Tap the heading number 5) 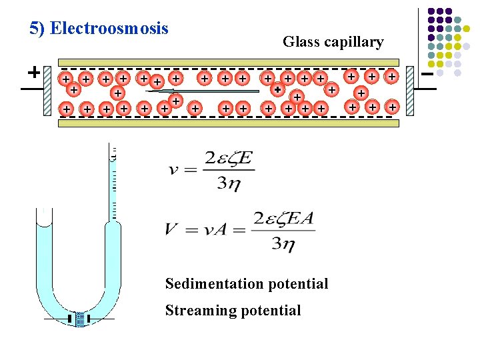tap(38, 29)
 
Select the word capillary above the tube tap(354, 43)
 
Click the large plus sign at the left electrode tap(32, 71)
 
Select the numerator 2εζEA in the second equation tap(283, 219)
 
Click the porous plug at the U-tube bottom tap(79, 319)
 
